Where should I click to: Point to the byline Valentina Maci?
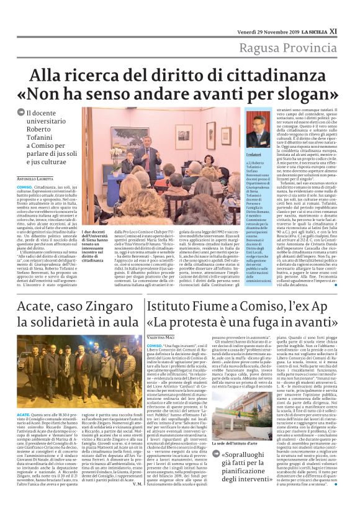coord(161,335)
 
